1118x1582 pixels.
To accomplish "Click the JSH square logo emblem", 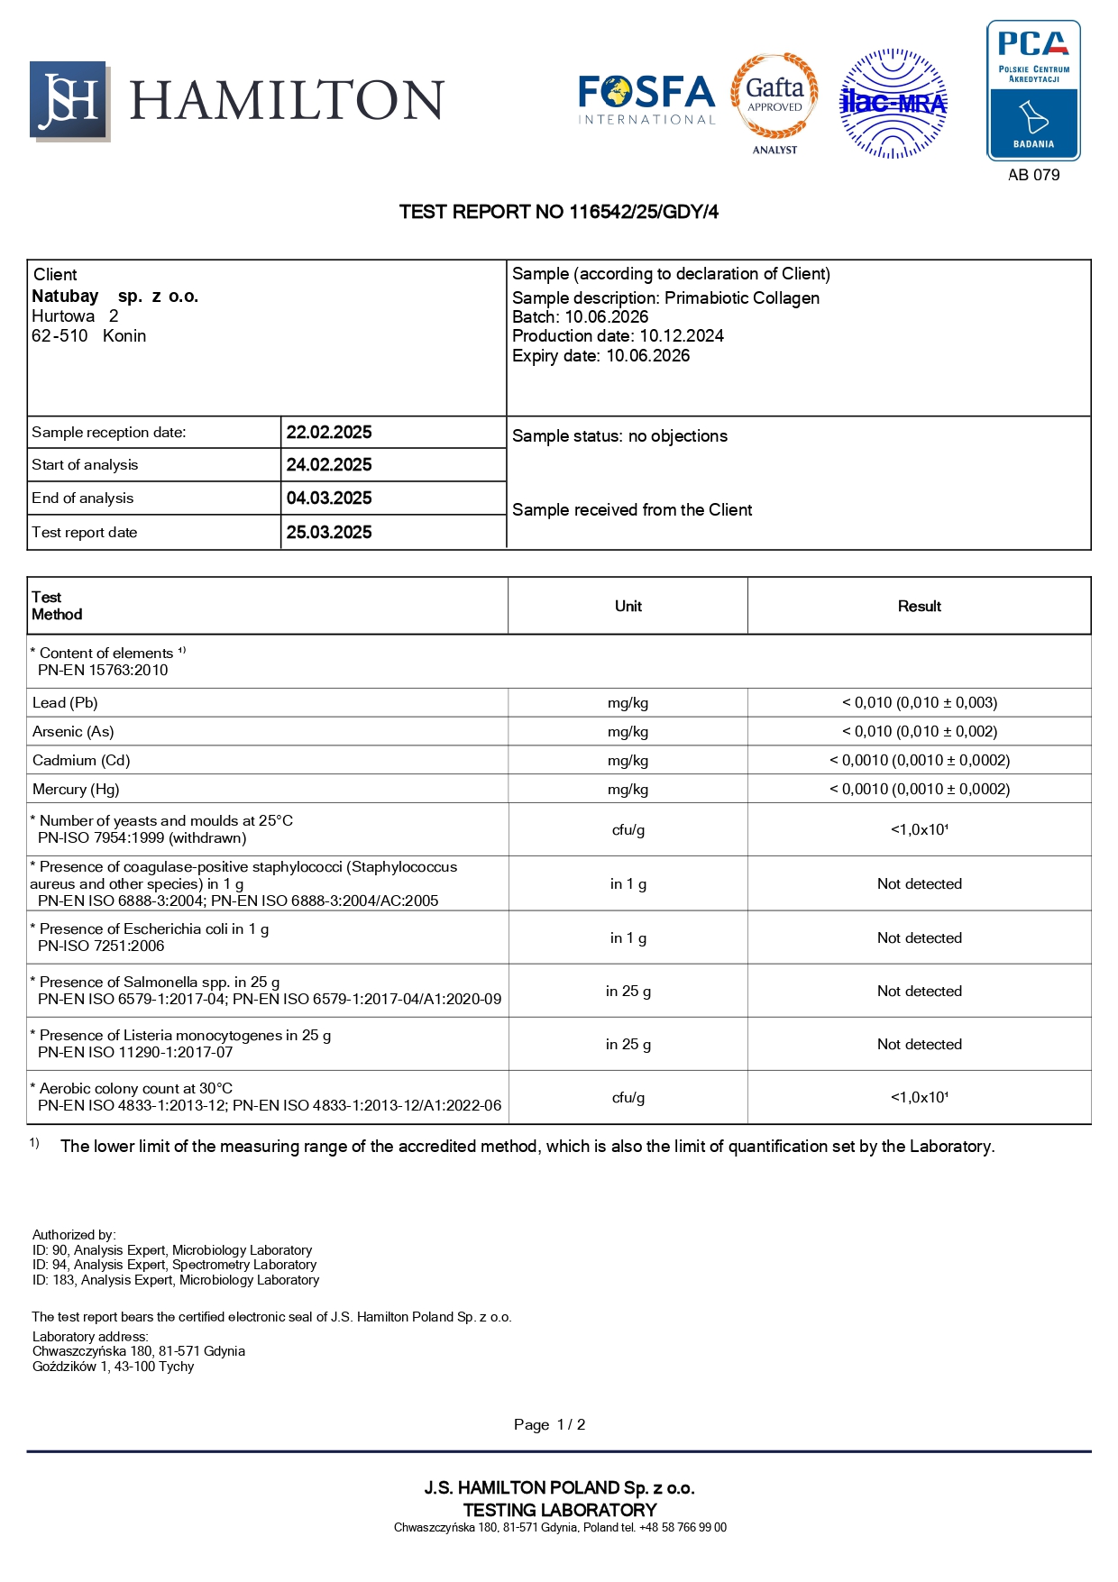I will (69, 101).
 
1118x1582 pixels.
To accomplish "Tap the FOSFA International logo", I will (646, 99).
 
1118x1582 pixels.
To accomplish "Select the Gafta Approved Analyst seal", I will (774, 102).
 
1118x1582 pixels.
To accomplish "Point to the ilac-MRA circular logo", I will (893, 104).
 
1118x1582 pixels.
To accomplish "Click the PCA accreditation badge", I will (1033, 91).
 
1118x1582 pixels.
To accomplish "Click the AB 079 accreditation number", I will (1033, 175).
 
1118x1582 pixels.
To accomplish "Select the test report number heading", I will (559, 212).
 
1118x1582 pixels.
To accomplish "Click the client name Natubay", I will (65, 297).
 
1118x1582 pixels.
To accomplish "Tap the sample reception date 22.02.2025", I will (329, 433).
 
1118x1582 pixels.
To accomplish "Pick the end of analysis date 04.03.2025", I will (329, 498).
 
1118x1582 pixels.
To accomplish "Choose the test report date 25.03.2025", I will (329, 533).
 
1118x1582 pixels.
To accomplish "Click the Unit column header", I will (628, 607).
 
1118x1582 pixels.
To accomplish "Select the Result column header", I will (919, 607).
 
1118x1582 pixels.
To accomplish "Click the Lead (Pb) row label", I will (65, 703).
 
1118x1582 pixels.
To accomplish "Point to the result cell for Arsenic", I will (919, 732).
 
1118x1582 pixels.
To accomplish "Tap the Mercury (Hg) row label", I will (76, 790).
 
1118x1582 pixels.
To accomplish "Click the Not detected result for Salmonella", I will (919, 992).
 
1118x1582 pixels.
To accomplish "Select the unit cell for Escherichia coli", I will (628, 938).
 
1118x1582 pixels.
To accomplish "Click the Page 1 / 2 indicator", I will (549, 1425).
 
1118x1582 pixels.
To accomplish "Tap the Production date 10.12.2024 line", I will (618, 336).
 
